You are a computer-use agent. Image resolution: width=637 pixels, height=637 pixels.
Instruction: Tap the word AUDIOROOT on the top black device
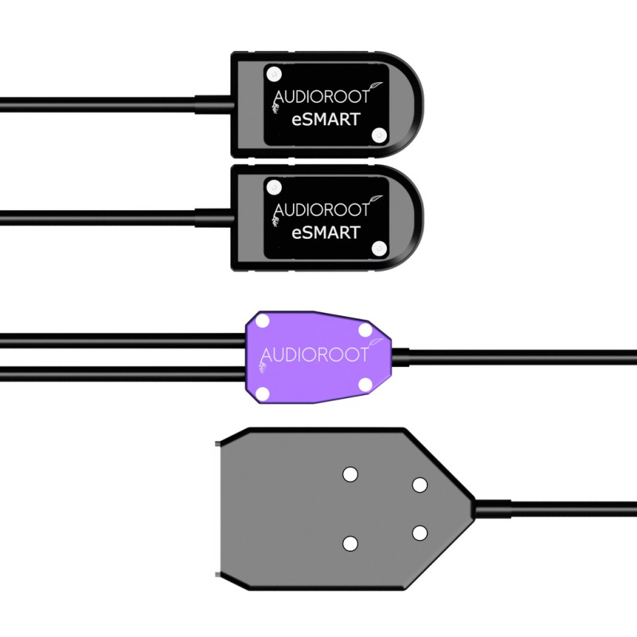pyautogui.click(x=322, y=97)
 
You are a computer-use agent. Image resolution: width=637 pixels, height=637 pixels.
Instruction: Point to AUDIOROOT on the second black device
pyautogui.click(x=322, y=209)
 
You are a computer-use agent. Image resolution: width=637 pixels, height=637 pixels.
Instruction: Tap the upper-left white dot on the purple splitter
pyautogui.click(x=263, y=322)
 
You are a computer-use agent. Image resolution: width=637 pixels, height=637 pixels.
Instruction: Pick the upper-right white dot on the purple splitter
pyautogui.click(x=365, y=329)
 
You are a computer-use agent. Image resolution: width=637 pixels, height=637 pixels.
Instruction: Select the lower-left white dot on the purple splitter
pyautogui.click(x=263, y=392)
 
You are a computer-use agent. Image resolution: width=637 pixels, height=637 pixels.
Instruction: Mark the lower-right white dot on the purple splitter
pyautogui.click(x=365, y=385)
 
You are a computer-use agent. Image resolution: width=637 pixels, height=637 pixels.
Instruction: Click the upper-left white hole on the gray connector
pyautogui.click(x=350, y=475)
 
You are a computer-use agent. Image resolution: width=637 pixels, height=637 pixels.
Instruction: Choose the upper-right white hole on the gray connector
pyautogui.click(x=419, y=485)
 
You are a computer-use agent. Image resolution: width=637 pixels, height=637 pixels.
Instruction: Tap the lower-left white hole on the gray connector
pyautogui.click(x=350, y=543)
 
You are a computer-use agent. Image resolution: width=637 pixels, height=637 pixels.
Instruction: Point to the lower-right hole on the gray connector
pyautogui.click(x=419, y=532)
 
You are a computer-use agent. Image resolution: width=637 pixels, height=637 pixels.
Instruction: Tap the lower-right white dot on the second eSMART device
pyautogui.click(x=379, y=248)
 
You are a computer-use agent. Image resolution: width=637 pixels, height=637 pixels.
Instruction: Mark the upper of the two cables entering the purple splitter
pyautogui.click(x=119, y=341)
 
